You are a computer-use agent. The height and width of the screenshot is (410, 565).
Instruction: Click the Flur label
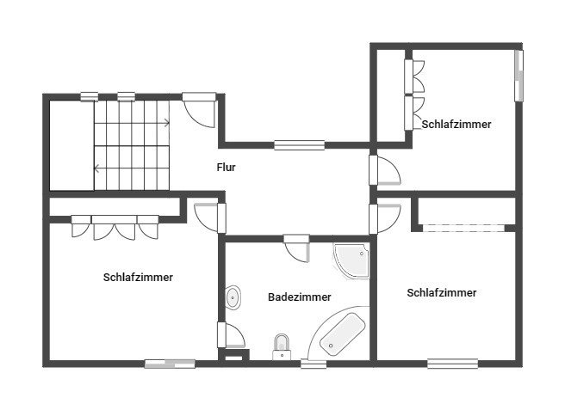click(x=226, y=168)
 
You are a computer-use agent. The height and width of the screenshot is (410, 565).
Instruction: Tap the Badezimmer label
click(x=300, y=297)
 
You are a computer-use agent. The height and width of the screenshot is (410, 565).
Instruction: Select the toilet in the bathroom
click(x=282, y=347)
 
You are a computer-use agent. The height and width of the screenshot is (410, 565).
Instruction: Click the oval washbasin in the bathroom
click(x=233, y=297)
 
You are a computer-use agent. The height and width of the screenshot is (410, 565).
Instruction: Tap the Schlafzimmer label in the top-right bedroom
click(x=456, y=125)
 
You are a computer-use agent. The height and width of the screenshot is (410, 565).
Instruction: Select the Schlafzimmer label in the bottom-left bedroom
click(x=138, y=278)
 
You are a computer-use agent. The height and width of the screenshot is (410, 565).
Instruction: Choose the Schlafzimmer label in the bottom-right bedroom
click(x=442, y=293)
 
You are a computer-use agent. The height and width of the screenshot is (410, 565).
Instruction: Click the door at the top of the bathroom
click(x=296, y=248)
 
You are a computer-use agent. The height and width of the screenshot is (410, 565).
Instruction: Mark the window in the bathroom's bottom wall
click(x=314, y=364)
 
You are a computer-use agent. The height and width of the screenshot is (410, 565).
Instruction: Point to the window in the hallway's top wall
click(x=300, y=145)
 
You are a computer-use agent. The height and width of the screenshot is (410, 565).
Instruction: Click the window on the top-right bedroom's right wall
click(x=518, y=76)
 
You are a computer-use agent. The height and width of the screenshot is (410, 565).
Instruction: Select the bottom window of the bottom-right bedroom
click(x=453, y=364)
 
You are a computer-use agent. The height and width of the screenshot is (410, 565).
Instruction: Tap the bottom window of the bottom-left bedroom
click(x=170, y=364)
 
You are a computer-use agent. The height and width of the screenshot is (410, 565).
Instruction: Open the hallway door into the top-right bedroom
click(x=385, y=170)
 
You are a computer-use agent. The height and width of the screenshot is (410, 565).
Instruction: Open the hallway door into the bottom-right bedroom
click(x=385, y=218)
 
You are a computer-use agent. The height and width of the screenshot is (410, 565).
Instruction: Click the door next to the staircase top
click(x=199, y=110)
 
